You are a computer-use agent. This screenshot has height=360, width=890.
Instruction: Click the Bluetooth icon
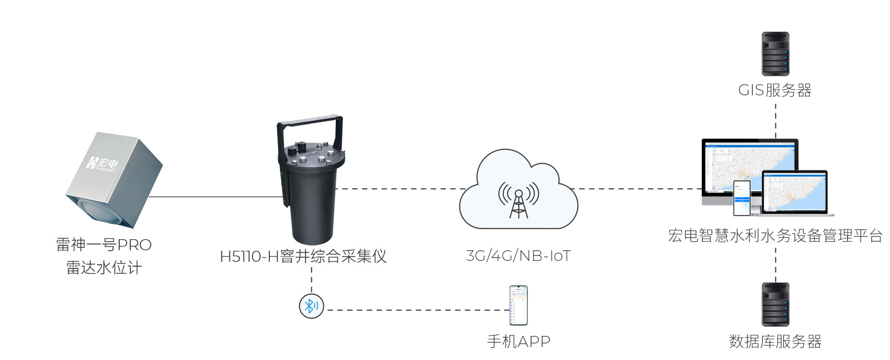click(x=311, y=306)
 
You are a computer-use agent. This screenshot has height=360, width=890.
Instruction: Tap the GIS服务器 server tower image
click(x=775, y=54)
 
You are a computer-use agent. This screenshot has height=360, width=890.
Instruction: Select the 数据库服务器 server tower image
click(x=775, y=305)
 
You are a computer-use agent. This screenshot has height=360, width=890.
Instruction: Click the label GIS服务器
click(x=775, y=90)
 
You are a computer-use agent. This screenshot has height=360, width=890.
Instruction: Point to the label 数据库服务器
click(x=775, y=342)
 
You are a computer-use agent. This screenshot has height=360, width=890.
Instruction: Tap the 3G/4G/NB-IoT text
click(x=518, y=256)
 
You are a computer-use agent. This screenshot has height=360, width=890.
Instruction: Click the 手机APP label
click(x=519, y=342)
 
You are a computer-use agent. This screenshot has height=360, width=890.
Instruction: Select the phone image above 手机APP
click(x=519, y=306)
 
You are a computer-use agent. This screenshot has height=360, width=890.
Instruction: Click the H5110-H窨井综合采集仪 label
click(x=303, y=256)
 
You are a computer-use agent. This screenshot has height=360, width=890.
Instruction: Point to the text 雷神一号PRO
click(x=104, y=245)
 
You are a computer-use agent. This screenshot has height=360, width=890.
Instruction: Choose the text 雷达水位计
click(x=104, y=268)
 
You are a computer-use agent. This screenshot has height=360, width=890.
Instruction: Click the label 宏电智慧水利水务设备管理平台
click(x=775, y=236)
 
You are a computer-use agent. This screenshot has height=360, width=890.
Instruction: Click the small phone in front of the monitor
click(x=741, y=198)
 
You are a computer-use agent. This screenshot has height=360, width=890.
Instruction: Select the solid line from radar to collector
click(x=216, y=197)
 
